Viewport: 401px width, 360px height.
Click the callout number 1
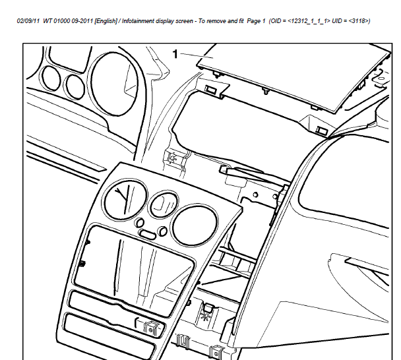coord(175,54)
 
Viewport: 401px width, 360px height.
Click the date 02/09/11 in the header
coord(28,21)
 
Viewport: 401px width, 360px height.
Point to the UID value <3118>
coord(359,21)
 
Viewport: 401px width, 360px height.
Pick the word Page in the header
coord(253,21)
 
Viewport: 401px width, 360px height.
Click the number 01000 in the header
coord(61,21)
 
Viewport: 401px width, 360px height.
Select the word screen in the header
coord(184,21)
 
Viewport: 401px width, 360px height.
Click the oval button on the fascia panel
coord(147,234)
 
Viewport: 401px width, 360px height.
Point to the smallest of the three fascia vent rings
coord(164,204)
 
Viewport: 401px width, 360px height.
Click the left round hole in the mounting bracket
coord(255,195)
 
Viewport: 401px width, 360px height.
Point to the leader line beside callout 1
coord(197,55)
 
